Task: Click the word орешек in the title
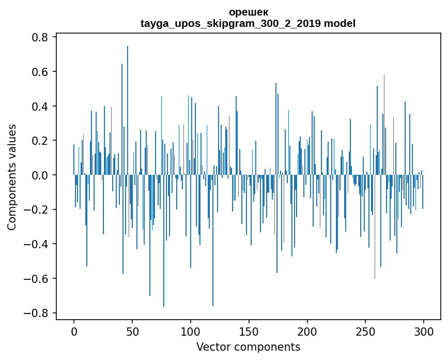tap(248, 12)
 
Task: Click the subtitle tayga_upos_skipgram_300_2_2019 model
tap(248, 23)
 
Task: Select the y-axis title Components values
tap(12, 177)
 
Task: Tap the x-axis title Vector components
tap(248, 347)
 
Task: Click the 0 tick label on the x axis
tap(74, 331)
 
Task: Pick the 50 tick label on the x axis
tap(132, 331)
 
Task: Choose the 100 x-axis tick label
tap(191, 331)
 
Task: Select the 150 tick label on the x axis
tap(249, 331)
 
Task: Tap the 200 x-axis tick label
tap(307, 331)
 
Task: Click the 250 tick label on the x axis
tap(366, 331)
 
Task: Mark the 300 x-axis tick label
tap(424, 331)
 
